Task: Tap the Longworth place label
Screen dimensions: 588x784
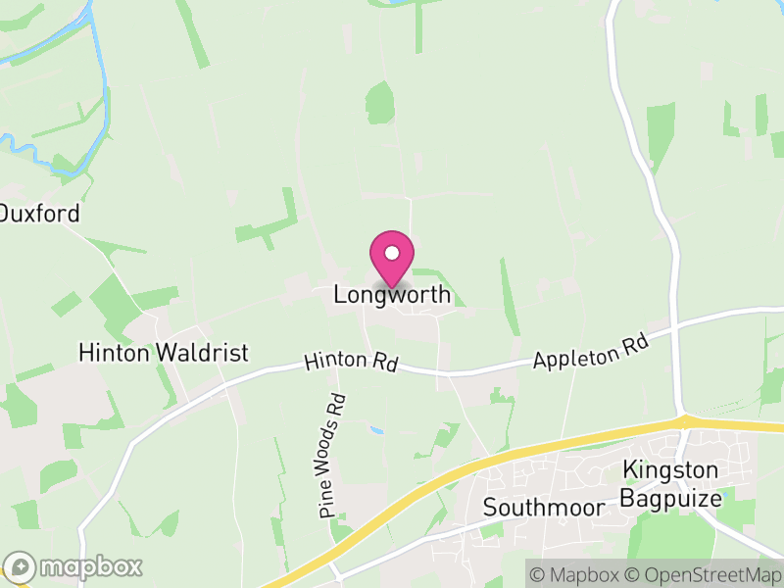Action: pyautogui.click(x=392, y=294)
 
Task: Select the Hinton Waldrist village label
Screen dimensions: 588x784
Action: pyautogui.click(x=164, y=353)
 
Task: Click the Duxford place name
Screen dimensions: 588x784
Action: pyautogui.click(x=39, y=213)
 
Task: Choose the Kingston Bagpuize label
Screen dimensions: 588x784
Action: pyautogui.click(x=671, y=484)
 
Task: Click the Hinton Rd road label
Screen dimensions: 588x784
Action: pyautogui.click(x=350, y=362)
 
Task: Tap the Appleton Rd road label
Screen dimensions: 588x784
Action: pyautogui.click(x=592, y=353)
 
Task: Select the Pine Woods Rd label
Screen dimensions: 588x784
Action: pyautogui.click(x=333, y=455)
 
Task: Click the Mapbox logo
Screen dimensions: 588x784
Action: pyautogui.click(x=73, y=566)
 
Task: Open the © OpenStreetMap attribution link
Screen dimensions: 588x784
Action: pyautogui.click(x=705, y=573)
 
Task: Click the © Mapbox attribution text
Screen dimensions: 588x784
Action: pyautogui.click(x=578, y=573)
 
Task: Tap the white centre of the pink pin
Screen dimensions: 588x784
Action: pyautogui.click(x=392, y=254)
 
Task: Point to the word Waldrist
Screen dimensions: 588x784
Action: pyautogui.click(x=206, y=353)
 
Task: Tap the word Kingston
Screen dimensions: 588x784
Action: pyautogui.click(x=671, y=471)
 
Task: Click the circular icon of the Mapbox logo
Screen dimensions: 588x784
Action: pyautogui.click(x=20, y=566)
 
